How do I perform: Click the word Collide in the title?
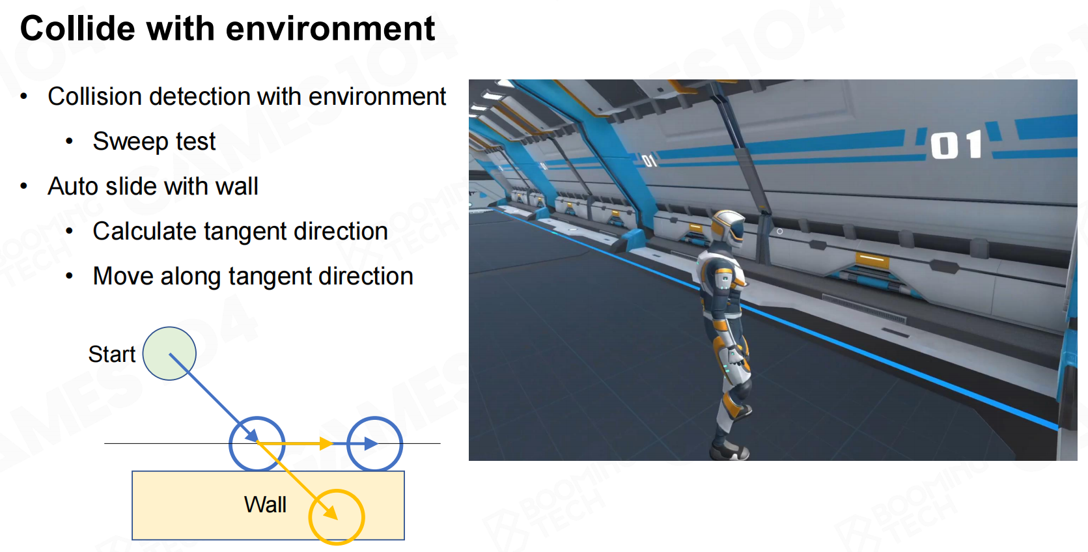click(x=77, y=28)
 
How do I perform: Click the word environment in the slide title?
click(x=330, y=28)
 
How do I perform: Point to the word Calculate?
click(x=145, y=231)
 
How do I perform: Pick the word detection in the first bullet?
click(x=200, y=96)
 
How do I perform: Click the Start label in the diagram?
click(x=112, y=354)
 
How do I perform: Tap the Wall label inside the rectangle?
click(x=265, y=504)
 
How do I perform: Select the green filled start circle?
click(x=169, y=353)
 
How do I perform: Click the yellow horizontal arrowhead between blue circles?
click(x=326, y=443)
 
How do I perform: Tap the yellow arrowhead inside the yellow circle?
click(x=331, y=513)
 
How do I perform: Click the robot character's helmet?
click(x=727, y=228)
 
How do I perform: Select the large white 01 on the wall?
click(x=956, y=145)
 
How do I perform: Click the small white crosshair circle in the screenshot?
click(x=779, y=231)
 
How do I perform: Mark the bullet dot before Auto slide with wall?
click(x=23, y=186)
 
